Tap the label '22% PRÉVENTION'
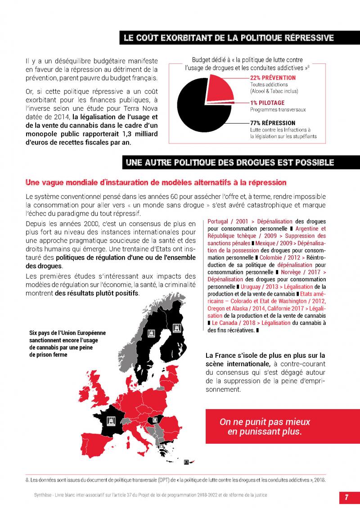273,78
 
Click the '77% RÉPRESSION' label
273,123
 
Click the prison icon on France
111,421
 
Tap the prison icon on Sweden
151,333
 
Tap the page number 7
347,497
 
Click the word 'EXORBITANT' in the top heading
189,38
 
